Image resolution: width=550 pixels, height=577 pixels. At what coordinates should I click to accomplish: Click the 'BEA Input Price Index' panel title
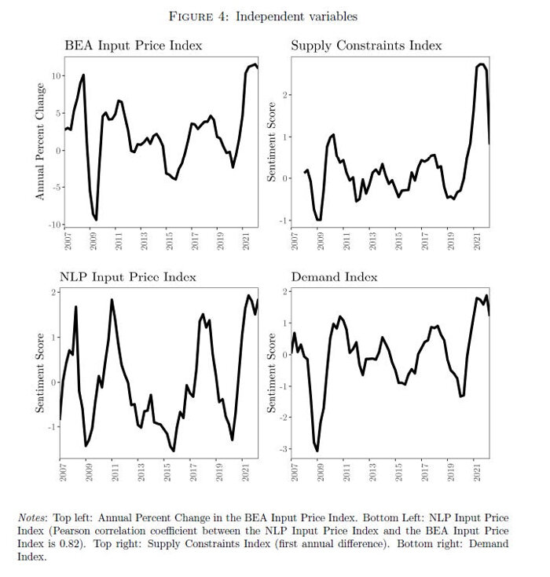pos(133,46)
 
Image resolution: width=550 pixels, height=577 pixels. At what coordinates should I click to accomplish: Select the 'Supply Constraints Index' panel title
pos(366,46)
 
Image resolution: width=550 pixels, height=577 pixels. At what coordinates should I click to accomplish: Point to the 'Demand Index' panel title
pos(334,277)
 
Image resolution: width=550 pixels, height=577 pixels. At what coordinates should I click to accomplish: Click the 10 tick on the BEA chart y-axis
pos(56,75)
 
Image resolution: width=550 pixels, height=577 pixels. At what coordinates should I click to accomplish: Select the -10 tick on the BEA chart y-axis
pos(54,225)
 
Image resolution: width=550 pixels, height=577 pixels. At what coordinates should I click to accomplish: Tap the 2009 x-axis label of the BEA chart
pos(93,240)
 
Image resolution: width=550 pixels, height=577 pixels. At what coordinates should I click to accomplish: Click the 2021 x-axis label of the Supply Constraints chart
pos(475,240)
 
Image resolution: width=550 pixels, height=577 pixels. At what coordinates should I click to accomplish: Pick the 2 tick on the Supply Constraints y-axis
pos(288,95)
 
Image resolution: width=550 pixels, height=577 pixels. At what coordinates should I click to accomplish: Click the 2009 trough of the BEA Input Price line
pos(96,219)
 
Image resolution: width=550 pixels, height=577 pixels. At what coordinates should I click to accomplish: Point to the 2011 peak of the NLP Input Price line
pos(112,300)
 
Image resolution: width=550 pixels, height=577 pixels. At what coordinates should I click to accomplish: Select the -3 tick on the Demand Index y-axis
pos(286,449)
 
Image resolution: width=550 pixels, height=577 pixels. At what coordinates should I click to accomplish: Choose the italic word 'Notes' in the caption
pos(32,518)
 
